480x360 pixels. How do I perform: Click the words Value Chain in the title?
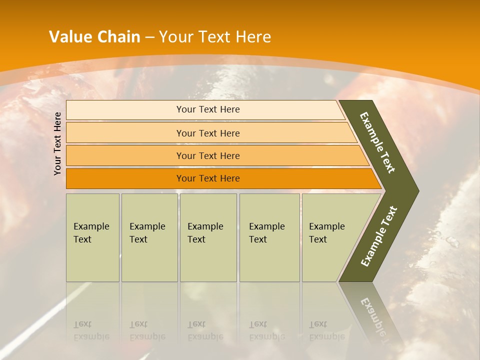point(94,37)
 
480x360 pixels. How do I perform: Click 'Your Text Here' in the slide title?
point(215,37)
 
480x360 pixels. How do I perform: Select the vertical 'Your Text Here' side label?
point(58,143)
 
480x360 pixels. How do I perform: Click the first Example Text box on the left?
point(92,237)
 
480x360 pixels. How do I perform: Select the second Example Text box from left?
point(149,237)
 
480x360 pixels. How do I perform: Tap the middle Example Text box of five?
point(208,237)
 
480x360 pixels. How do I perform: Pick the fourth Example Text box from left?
point(269,237)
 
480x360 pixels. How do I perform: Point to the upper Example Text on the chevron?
point(377,142)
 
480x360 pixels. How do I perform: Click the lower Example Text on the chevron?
point(379,236)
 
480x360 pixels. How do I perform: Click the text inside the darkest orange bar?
point(208,178)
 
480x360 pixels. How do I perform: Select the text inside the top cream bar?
point(208,109)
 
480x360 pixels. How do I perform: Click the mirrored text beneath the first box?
point(90,330)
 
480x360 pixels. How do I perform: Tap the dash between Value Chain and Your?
point(149,37)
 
